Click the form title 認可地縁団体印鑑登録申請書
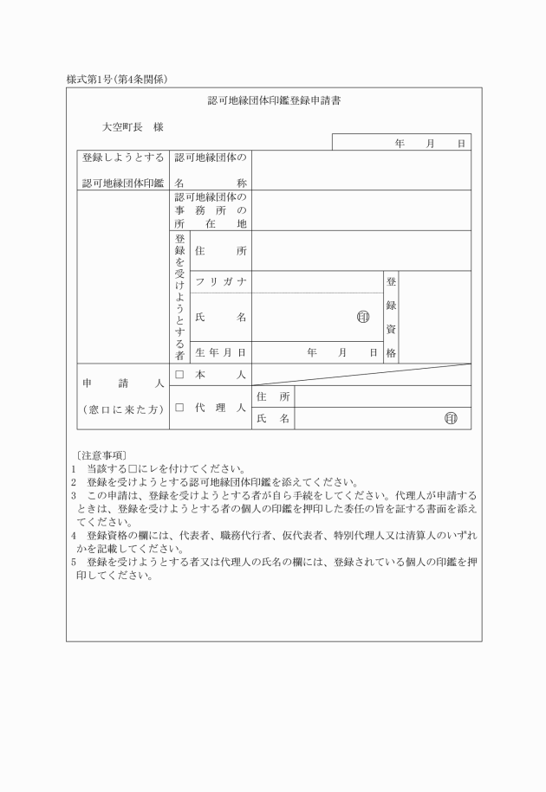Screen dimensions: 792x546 tap(273, 100)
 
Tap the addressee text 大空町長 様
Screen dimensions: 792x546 tap(133, 127)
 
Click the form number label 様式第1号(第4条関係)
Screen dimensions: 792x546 tap(116, 80)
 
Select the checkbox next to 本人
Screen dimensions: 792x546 tap(180, 374)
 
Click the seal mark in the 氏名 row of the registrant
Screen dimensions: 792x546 tap(363, 317)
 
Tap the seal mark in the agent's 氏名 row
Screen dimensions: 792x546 tap(451, 419)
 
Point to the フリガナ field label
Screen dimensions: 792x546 tap(221, 282)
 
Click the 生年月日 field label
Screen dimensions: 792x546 tap(221, 352)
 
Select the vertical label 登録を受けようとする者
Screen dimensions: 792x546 tap(180, 296)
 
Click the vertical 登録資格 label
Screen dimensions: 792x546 tap(391, 317)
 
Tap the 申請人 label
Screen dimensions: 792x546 tap(123, 382)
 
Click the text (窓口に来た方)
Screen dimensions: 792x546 tap(123, 409)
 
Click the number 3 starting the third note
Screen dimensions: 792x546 tap(74, 495)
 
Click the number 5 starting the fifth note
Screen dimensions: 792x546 tap(74, 561)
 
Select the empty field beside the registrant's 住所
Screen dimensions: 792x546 tap(361, 251)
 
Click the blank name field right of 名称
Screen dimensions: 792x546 tap(361, 171)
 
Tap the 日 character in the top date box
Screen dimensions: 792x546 tap(461, 143)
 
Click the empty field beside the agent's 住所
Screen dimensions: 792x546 tap(382, 396)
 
